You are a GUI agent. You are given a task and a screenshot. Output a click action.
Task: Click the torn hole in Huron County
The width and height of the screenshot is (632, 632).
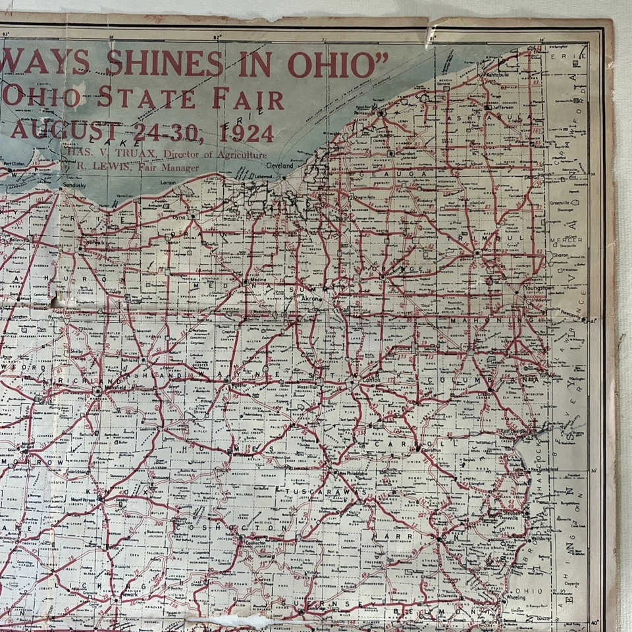[57, 302]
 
